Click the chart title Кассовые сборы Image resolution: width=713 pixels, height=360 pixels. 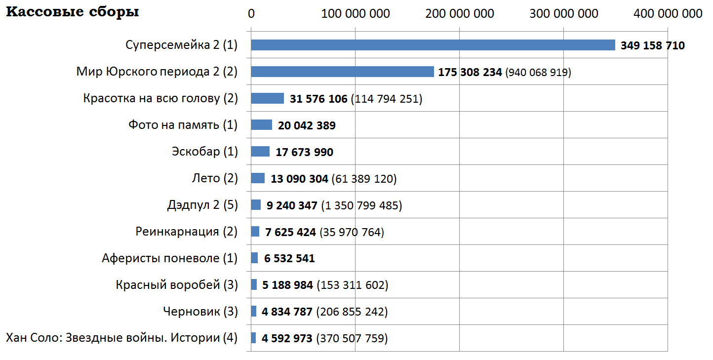click(x=72, y=12)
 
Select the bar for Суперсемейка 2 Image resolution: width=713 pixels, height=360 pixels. click(x=433, y=45)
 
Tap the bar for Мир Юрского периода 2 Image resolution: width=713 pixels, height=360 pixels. click(x=342, y=72)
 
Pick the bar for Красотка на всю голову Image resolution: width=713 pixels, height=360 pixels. click(x=267, y=99)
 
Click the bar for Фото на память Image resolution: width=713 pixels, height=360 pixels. click(x=261, y=125)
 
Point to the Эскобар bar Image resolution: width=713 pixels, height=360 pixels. click(x=260, y=152)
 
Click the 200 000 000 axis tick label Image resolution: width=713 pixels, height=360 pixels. click(x=459, y=14)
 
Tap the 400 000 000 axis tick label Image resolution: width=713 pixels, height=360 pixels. click(x=668, y=14)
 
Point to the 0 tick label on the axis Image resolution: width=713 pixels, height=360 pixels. click(x=251, y=14)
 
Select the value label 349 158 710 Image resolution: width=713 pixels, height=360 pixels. click(x=652, y=46)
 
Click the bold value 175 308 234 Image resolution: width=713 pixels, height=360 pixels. click(x=470, y=73)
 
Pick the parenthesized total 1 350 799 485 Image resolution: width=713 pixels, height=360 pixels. click(x=361, y=205)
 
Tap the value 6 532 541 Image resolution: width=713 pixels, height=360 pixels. click(x=289, y=258)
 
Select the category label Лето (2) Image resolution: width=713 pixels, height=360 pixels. click(x=214, y=178)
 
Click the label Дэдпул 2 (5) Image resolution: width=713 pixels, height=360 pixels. click(x=202, y=205)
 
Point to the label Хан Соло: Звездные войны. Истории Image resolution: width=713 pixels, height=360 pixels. click(x=121, y=338)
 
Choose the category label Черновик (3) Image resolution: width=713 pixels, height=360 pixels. click(x=200, y=312)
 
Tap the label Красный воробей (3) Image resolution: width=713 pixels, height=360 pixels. click(x=177, y=285)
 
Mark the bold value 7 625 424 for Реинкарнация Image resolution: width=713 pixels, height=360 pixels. click(x=290, y=232)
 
